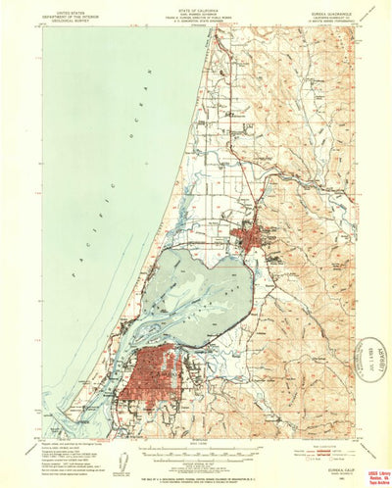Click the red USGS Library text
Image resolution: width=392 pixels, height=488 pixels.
371,464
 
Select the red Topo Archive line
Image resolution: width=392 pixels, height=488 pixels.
371,478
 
